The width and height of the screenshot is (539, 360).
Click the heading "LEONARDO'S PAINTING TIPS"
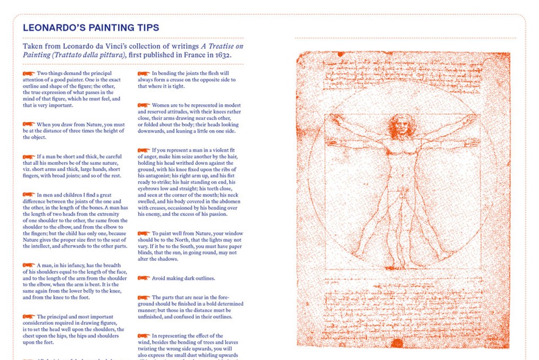click(91, 28)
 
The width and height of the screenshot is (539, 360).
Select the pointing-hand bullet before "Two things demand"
click(29, 73)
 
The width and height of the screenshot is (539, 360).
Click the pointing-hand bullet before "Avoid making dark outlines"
click(144, 278)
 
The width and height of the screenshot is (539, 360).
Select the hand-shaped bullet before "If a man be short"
click(29, 156)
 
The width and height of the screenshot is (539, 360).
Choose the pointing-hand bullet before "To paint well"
click(144, 233)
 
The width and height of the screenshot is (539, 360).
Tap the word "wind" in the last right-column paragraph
click(144, 342)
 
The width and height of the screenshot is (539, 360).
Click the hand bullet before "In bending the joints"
click(144, 73)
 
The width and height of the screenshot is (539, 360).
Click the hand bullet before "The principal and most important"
click(29, 316)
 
